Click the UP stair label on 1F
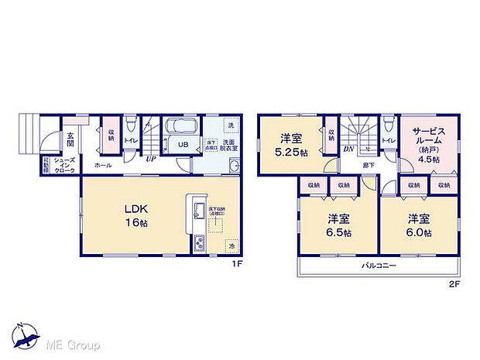point(152,159)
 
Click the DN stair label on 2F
point(349,147)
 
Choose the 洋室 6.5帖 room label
point(338,225)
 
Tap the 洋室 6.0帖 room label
point(417,225)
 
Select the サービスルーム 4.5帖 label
point(429,144)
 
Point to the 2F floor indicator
point(455,283)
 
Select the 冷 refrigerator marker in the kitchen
point(231,245)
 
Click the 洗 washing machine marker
point(230,125)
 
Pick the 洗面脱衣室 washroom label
point(231,145)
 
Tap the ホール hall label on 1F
point(101,166)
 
